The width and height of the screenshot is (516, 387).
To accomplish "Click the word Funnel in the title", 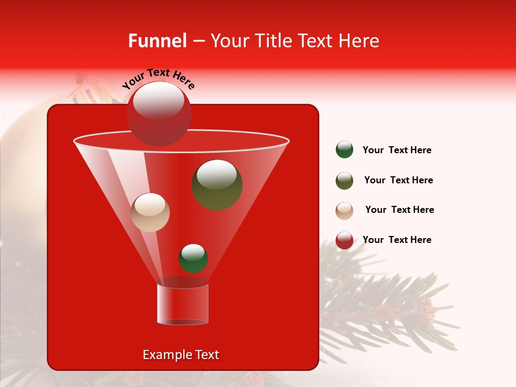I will pyautogui.click(x=157, y=41).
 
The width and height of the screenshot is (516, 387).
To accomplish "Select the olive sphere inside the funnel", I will pyautogui.click(x=217, y=184).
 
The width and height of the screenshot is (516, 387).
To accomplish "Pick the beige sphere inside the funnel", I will pyautogui.click(x=150, y=212).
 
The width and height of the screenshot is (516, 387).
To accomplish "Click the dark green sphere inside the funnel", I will pyautogui.click(x=193, y=259).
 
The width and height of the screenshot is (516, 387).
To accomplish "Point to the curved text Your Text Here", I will pyautogui.click(x=159, y=79).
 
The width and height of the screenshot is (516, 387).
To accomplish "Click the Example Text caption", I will pyautogui.click(x=181, y=355).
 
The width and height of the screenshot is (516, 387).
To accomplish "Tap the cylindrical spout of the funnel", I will pyautogui.click(x=182, y=304).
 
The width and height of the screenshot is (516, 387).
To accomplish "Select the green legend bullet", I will pyautogui.click(x=345, y=150).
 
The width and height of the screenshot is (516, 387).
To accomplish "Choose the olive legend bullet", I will pyautogui.click(x=345, y=181).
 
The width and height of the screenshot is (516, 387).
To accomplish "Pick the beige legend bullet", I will pyautogui.click(x=345, y=211).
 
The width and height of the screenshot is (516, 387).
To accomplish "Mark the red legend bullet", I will pyautogui.click(x=345, y=240).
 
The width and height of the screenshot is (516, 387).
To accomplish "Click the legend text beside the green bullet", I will pyautogui.click(x=397, y=150).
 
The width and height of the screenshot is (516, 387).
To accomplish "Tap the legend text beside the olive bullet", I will pyautogui.click(x=398, y=181).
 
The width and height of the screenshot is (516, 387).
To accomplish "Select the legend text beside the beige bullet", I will pyautogui.click(x=399, y=210).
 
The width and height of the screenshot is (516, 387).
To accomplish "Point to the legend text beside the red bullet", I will pyautogui.click(x=397, y=240).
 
